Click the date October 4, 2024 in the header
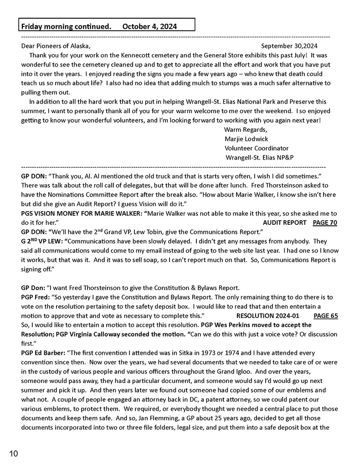pyautogui.click(x=150, y=26)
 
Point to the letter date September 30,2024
pyautogui.click(x=289, y=46)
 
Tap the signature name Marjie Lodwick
pyautogui.click(x=246, y=139)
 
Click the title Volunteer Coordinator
pyautogui.click(x=257, y=148)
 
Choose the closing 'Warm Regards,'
pyautogui.click(x=246, y=129)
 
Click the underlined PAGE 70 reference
pyautogui.click(x=325, y=223)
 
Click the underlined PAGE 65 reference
pyautogui.click(x=326, y=316)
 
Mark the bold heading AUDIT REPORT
pyautogui.click(x=284, y=223)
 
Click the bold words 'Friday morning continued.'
pyautogui.click(x=67, y=26)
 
